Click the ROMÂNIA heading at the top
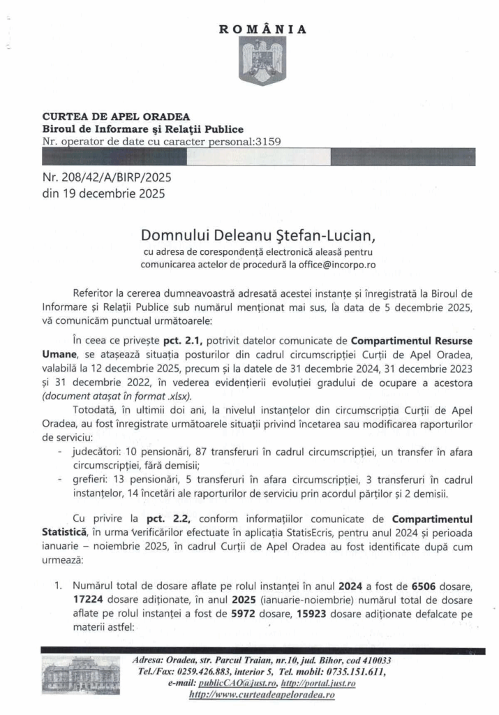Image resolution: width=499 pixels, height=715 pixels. pyautogui.click(x=263, y=29)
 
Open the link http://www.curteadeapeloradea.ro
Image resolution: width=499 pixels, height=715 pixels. pyautogui.click(x=262, y=695)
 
